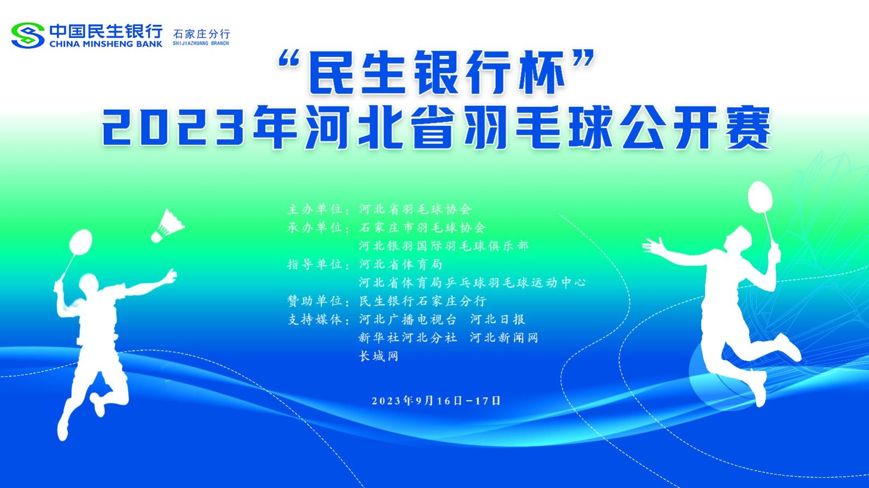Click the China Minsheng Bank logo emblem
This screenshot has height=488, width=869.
click(x=28, y=35)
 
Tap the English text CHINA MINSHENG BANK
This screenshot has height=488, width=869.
click(x=106, y=44)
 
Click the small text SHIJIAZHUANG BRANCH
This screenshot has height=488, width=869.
click(x=201, y=43)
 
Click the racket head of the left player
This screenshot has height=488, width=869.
click(x=80, y=242)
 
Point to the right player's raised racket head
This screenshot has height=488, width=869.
click(x=760, y=197)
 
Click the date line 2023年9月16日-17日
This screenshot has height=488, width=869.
click(x=436, y=401)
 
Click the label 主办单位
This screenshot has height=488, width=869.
click(x=314, y=210)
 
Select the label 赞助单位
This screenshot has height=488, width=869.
click(x=314, y=301)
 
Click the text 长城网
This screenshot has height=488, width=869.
click(x=379, y=356)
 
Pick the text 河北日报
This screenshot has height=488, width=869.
click(x=498, y=319)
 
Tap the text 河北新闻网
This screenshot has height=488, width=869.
click(x=504, y=338)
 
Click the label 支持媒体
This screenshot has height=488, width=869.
click(x=314, y=319)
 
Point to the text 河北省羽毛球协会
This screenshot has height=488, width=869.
click(x=415, y=210)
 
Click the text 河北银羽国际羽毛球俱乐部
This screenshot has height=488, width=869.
click(x=443, y=246)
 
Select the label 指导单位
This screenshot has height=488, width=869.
click(x=314, y=264)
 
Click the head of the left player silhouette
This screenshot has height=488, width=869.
click(x=89, y=282)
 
